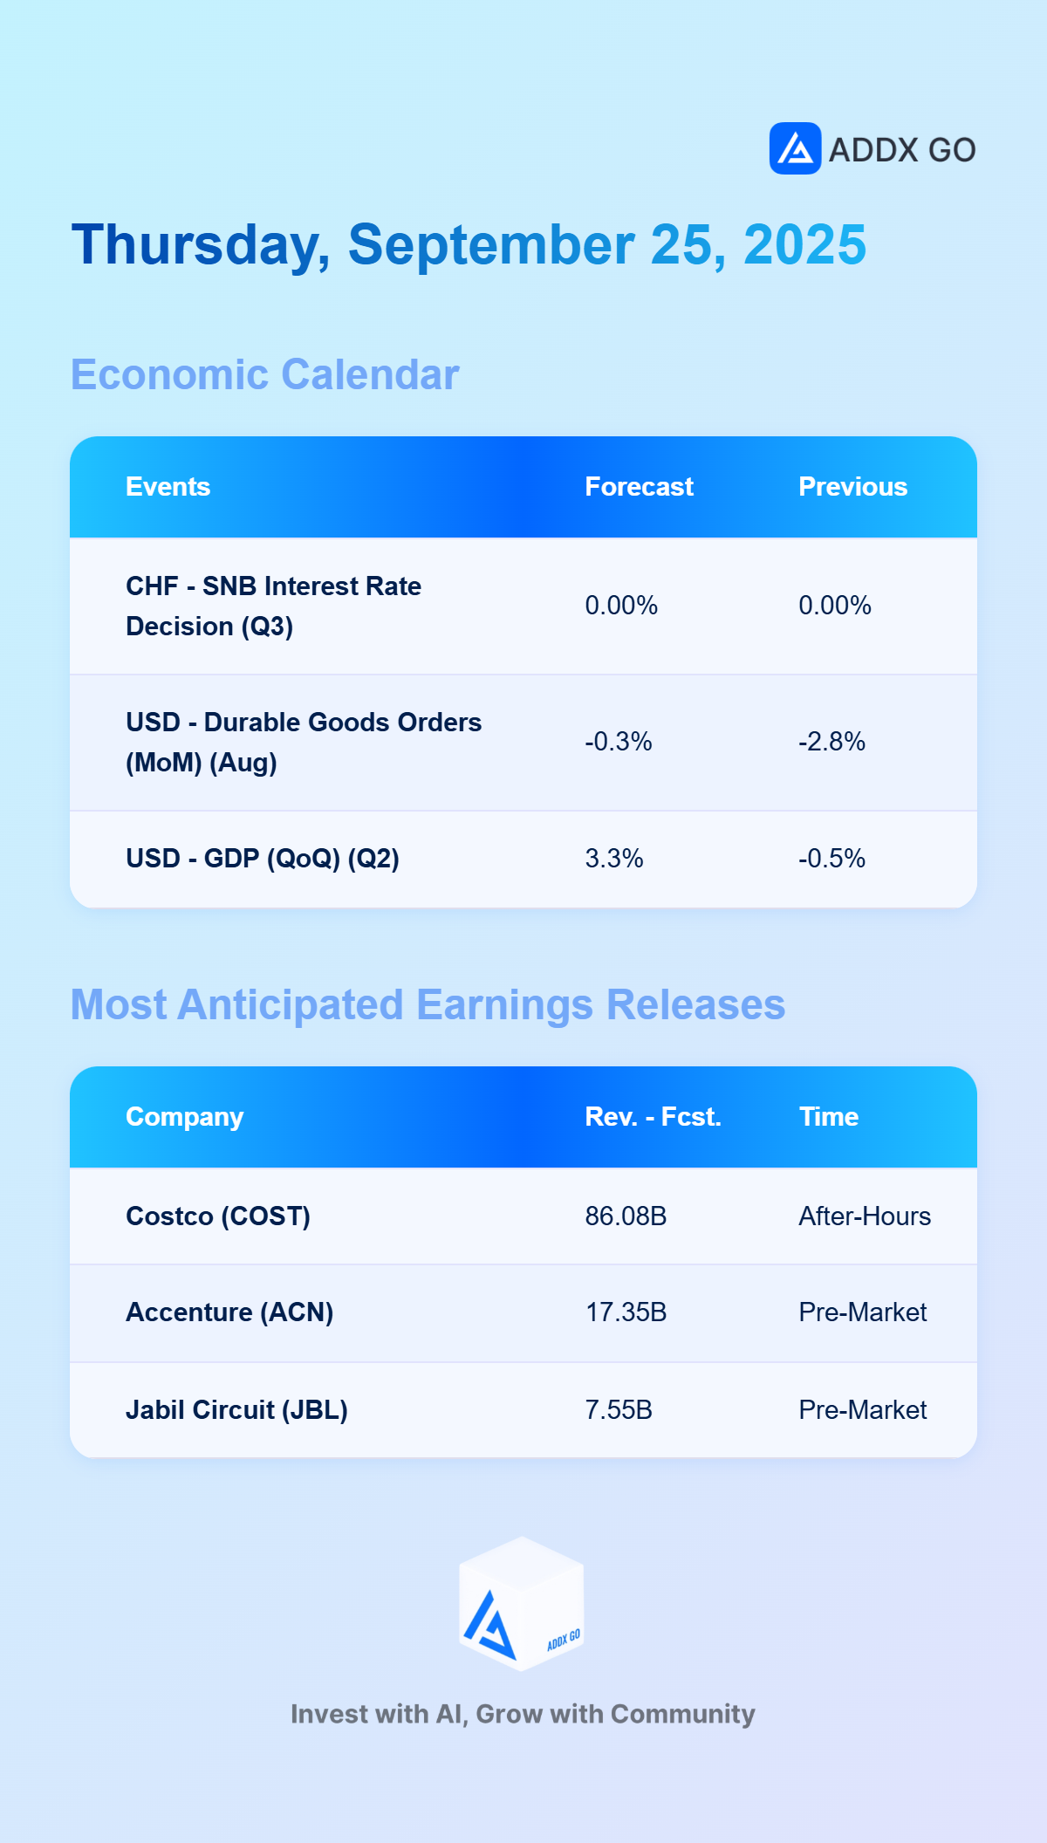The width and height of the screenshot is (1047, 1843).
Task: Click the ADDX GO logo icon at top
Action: [x=795, y=148]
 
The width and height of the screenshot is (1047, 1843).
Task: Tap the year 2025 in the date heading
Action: [x=804, y=244]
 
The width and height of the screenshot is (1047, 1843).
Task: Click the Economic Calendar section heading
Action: [x=264, y=374]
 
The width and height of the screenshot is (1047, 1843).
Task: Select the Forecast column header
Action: [x=639, y=487]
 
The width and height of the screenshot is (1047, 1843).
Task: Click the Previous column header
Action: [x=852, y=487]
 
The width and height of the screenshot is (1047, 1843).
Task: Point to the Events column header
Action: [x=168, y=487]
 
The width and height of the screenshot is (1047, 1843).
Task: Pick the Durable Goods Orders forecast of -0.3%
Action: [x=618, y=742]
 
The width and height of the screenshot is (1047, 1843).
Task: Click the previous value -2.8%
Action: [x=831, y=742]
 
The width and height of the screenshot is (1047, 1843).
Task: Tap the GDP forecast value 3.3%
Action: [x=614, y=859]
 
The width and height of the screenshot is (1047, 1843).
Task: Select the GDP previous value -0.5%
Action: [x=831, y=859]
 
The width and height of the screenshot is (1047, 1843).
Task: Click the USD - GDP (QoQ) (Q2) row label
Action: [x=263, y=859]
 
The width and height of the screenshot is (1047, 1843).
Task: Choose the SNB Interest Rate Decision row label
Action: [x=273, y=606]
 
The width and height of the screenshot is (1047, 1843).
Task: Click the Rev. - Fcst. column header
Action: [x=653, y=1117]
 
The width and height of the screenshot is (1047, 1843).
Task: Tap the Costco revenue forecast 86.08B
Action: [x=626, y=1216]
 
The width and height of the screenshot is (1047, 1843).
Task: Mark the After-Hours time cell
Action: [x=865, y=1216]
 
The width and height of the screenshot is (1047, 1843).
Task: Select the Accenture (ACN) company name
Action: [x=229, y=1312]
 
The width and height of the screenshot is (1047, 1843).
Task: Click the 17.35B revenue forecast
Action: [x=626, y=1312]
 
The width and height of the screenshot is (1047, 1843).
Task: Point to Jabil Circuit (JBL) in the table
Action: [x=236, y=1410]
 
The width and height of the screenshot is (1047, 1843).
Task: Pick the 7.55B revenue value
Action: [x=619, y=1410]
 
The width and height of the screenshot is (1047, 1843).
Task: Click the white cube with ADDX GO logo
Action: [x=522, y=1604]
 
